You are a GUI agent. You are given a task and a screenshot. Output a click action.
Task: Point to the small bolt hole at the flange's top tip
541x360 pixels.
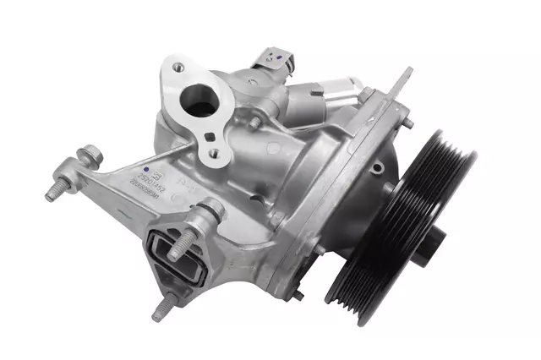pyautogui.click(x=175, y=65)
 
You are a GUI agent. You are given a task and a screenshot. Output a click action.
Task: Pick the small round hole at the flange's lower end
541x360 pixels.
pyautogui.click(x=212, y=154)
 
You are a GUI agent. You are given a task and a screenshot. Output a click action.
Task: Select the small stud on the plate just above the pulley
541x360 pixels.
pyautogui.click(x=407, y=123)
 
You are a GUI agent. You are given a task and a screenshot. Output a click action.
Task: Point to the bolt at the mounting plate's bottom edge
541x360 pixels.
pyautogui.click(x=298, y=295)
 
